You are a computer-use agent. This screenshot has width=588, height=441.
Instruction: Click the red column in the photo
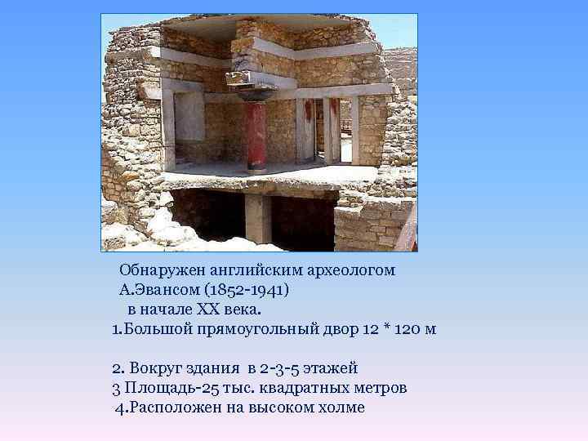(256, 135)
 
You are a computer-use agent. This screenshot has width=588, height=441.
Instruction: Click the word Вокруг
(155, 368)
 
